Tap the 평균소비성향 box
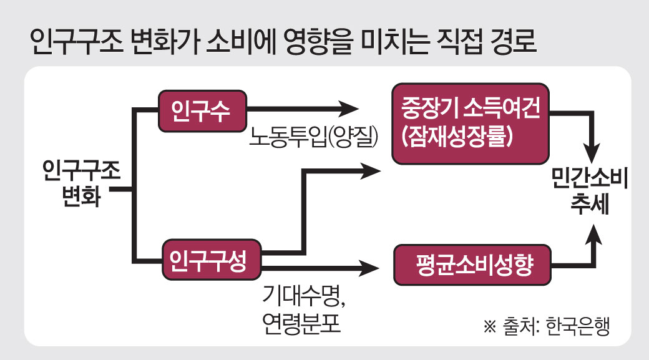click(472, 267)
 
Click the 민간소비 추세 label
click(589, 192)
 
